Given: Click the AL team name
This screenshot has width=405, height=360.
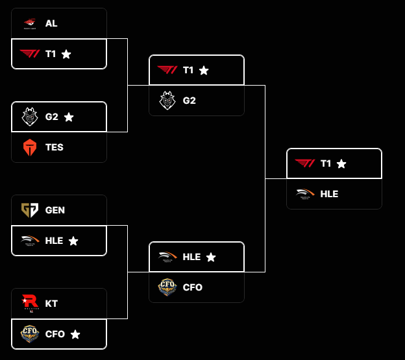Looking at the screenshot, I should click(51, 23).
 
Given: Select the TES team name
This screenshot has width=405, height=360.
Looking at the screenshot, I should click(55, 147).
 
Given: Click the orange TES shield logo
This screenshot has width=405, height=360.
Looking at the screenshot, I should click(30, 147).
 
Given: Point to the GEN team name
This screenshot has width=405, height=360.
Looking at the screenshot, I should click(55, 210).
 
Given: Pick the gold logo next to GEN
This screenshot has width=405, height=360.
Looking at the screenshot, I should click(30, 210).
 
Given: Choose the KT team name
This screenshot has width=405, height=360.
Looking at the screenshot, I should click(51, 303).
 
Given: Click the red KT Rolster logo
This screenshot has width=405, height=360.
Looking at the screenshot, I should click(30, 302).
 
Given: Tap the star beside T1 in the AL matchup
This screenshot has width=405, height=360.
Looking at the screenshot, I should click(66, 54).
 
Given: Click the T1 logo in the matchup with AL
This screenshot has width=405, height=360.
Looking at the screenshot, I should click(30, 54).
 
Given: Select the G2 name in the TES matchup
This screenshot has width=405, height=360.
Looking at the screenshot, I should click(52, 117).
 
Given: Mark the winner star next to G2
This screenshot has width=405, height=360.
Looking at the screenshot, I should click(69, 117).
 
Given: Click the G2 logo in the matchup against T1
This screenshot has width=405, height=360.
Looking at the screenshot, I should click(167, 101).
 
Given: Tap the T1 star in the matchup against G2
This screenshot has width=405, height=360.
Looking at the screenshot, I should click(204, 70).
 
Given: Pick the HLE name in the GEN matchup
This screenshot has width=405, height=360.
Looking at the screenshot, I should click(55, 241).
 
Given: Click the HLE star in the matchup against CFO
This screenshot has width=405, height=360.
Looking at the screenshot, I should click(211, 257).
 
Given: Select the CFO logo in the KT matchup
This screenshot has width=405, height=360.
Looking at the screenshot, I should click(30, 334).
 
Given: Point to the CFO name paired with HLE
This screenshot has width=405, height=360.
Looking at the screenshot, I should click(193, 287).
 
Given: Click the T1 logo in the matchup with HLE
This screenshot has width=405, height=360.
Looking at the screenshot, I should click(305, 163).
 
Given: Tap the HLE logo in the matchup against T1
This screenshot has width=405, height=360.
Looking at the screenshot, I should click(305, 194).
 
